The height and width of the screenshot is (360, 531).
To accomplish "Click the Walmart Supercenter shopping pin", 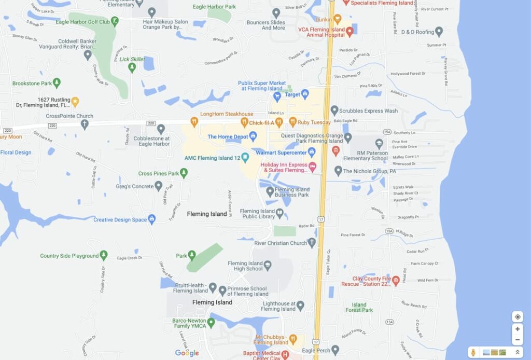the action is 312,152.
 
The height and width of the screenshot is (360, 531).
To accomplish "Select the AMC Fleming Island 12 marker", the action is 245,157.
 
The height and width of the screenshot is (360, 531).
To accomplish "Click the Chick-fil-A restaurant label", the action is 261,123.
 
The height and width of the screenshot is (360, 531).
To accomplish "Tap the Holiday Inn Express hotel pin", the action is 313,167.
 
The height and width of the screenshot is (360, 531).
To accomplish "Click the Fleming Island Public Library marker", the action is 280,213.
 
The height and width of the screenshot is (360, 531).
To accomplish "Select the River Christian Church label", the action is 281,243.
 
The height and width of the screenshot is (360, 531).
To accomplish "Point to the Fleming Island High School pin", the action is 268,266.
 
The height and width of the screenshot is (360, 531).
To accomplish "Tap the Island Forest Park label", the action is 359,307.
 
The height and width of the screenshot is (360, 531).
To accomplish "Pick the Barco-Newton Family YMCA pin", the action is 211,323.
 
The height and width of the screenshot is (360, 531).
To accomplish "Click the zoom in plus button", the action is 517,328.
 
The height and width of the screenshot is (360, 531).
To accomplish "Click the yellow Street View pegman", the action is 473,352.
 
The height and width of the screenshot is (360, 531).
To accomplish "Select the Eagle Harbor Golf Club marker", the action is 115,21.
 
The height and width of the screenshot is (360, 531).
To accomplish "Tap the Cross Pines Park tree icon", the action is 184,173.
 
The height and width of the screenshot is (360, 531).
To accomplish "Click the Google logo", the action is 187,353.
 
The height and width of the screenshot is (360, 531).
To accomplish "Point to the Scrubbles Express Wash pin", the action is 334,110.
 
